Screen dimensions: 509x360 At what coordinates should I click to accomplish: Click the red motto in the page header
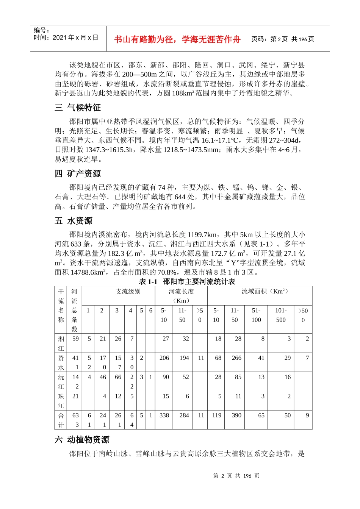[177, 39]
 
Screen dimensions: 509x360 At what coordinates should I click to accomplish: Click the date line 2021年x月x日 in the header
[66, 37]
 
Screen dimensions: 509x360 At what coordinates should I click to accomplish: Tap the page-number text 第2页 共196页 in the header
[283, 39]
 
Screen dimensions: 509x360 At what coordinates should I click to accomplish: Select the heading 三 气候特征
[78, 108]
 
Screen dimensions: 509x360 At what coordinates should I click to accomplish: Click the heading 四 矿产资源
[78, 174]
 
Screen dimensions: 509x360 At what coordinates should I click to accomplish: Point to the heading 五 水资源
[74, 221]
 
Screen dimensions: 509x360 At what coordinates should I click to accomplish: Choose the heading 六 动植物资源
[82, 440]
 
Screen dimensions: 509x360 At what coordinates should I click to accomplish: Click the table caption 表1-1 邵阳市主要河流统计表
[187, 281]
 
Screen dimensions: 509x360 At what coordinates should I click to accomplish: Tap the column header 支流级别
[128, 291]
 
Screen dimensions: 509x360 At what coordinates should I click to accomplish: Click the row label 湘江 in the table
[61, 343]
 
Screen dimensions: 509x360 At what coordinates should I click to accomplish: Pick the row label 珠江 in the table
[61, 401]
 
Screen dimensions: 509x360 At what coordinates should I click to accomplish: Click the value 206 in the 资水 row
[164, 358]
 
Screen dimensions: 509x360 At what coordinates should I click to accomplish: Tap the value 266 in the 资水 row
[236, 358]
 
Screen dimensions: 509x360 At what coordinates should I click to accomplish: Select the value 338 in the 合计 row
[164, 415]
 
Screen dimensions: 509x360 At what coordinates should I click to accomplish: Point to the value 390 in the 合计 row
[236, 415]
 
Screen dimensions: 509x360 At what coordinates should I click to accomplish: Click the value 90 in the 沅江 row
[166, 377]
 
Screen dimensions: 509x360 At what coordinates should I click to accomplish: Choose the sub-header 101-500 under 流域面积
[281, 315]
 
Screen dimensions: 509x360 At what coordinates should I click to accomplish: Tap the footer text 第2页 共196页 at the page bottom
[236, 476]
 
